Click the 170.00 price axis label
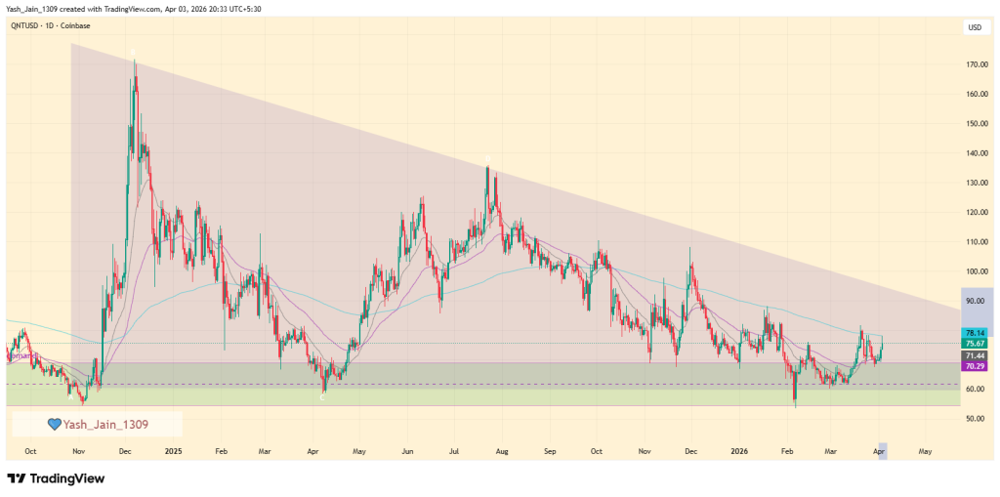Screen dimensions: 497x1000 [x=974, y=64]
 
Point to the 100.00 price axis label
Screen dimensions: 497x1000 [x=974, y=271]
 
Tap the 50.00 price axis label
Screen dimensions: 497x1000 [x=974, y=419]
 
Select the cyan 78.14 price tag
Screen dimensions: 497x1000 [x=974, y=333]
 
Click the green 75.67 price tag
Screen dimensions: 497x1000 [x=974, y=344]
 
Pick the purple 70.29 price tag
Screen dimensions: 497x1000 [x=974, y=365]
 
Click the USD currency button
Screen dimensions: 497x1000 [x=974, y=27]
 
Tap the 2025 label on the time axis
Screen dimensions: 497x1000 [x=173, y=452]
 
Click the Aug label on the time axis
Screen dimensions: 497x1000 [x=502, y=452]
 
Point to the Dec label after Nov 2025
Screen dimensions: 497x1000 [x=691, y=452]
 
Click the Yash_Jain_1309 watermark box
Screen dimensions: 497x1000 [x=97, y=424]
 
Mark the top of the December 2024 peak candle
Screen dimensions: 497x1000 [x=135, y=62]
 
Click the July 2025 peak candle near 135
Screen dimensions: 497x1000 [x=487, y=169]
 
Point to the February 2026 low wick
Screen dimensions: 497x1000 [x=795, y=404]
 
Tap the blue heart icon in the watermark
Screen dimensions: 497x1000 [x=55, y=424]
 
